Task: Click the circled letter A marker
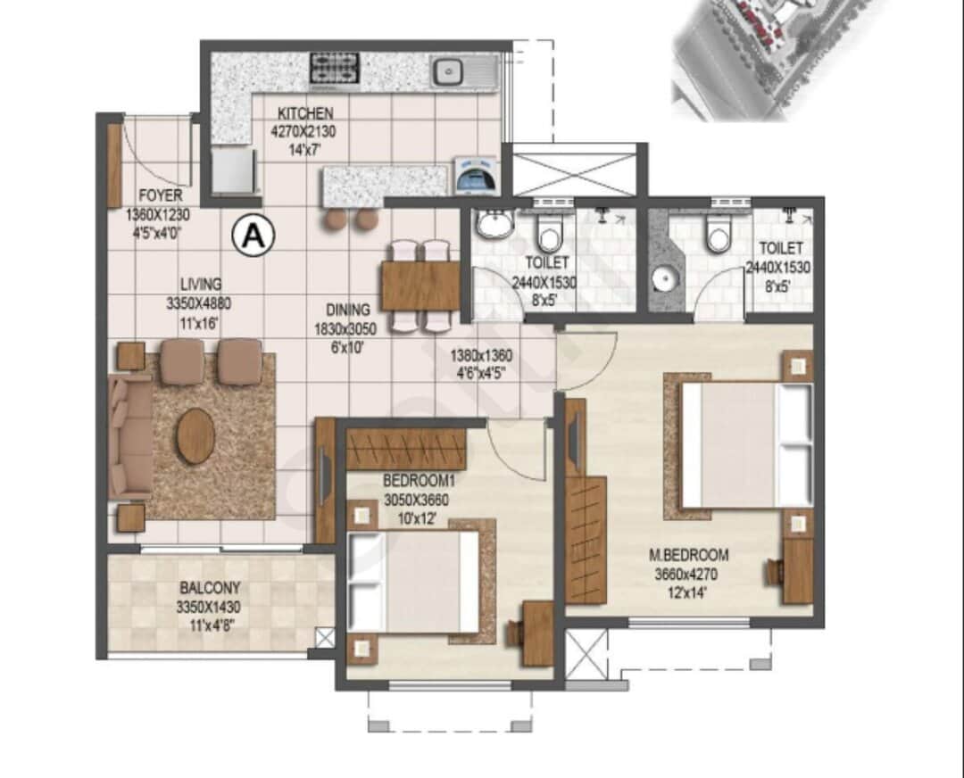[253, 236]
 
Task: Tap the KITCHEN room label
[304, 113]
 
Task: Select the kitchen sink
[446, 70]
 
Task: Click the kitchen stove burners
[335, 69]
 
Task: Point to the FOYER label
[161, 195]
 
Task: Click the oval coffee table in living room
[195, 436]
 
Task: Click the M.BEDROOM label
[688, 553]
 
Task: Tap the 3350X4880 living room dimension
[192, 302]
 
